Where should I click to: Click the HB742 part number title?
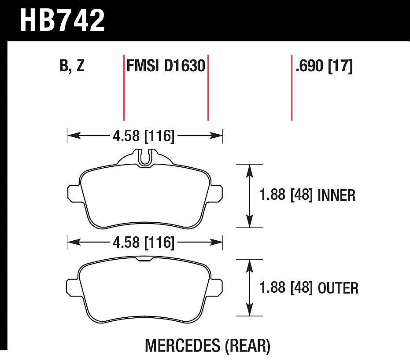pos(62,20)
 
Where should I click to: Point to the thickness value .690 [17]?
pos(324,66)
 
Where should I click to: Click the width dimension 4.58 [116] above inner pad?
pos(144,136)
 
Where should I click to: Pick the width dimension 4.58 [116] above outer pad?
pos(144,242)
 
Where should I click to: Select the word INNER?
pos(336,195)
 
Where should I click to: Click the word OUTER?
pos(338,288)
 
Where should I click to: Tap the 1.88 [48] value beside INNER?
pos(286,195)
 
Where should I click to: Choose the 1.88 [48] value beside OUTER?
pos(286,287)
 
